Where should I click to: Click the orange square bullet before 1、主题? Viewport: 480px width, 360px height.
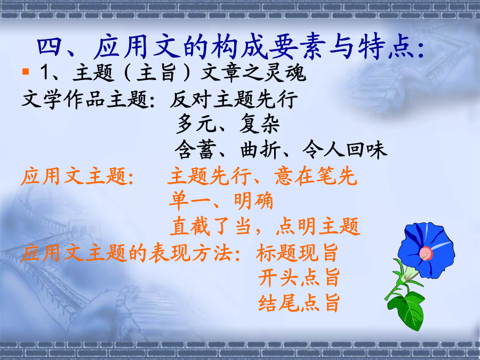click(x=26, y=71)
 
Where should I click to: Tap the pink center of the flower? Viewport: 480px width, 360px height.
click(x=426, y=253)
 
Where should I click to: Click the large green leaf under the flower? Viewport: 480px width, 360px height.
click(x=406, y=310)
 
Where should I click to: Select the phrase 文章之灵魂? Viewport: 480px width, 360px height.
click(x=253, y=73)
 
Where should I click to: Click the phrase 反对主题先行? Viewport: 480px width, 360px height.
click(x=234, y=100)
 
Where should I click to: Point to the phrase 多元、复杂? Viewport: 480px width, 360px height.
click(x=228, y=124)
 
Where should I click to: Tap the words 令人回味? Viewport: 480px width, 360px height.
click(x=345, y=150)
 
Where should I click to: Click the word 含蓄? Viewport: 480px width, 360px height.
click(x=194, y=150)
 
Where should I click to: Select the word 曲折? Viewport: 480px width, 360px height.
click(x=260, y=150)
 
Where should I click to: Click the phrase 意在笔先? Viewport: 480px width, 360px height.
click(x=315, y=176)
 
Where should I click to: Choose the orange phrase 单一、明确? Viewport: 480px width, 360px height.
click(x=221, y=201)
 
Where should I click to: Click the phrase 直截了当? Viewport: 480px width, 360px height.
click(x=211, y=226)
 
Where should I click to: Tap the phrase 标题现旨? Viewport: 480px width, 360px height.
click(x=297, y=253)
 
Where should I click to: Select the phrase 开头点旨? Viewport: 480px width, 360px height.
click(x=299, y=277)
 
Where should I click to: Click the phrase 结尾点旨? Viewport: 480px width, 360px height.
click(x=299, y=302)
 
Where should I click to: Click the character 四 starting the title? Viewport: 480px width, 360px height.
click(x=49, y=47)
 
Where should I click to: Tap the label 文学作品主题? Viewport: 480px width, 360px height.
click(x=85, y=100)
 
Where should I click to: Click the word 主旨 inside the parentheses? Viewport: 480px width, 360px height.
click(x=156, y=73)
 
